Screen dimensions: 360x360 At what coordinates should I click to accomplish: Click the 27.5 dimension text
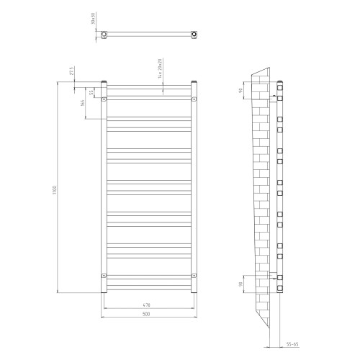pos(71,73)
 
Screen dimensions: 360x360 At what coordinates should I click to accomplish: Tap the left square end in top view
pos(105,34)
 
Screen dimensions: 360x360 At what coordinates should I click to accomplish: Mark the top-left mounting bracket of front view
pos(104,99)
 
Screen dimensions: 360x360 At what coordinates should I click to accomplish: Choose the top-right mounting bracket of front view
pos(194,99)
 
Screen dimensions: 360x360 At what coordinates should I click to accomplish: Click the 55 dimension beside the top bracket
pos(91,92)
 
